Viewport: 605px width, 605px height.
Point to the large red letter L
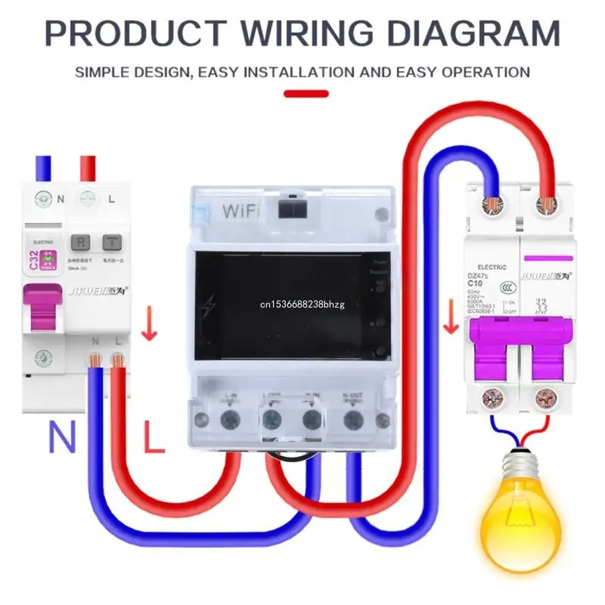[154, 438]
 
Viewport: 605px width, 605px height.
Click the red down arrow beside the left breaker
[150, 326]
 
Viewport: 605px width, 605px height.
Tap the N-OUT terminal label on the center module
[351, 395]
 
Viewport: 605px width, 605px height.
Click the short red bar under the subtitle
[306, 95]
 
